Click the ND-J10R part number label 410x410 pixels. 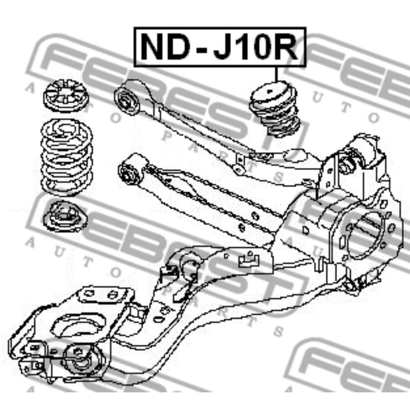click(x=220, y=46)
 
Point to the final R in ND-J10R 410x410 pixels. click(x=288, y=47)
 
